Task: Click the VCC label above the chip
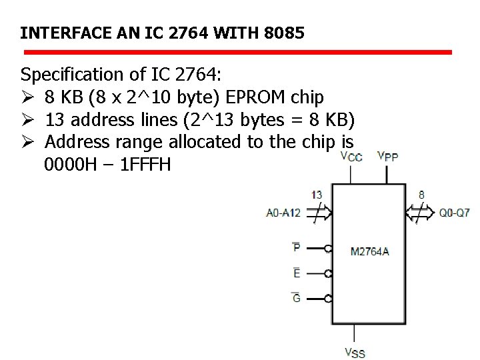pos(351,157)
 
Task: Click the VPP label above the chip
pos(388,157)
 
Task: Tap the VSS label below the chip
pos(355,353)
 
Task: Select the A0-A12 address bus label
pos(283,213)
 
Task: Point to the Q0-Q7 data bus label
pos(455,213)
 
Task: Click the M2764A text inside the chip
pos(369,251)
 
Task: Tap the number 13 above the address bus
pos(317,195)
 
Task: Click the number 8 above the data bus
pos(421,195)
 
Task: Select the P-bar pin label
pos(296,247)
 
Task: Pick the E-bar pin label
pos(296,273)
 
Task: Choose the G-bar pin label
pos(296,298)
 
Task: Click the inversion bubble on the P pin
pos(329,249)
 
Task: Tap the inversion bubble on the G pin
pos(329,299)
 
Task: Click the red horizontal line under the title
pos(238,51)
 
